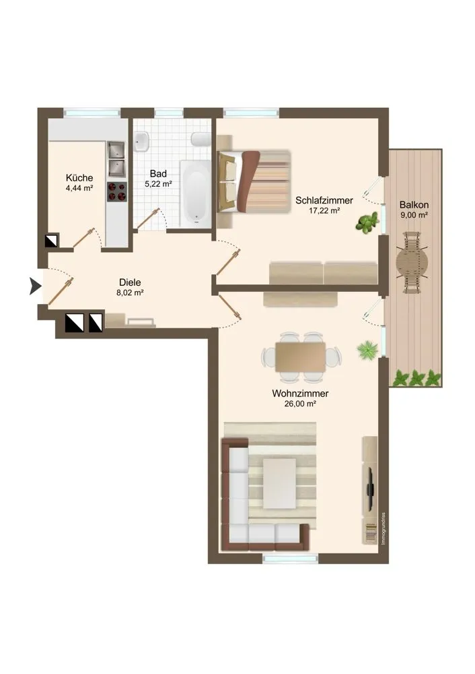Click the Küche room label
(x=79, y=177)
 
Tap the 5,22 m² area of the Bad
(x=158, y=184)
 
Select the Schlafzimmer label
(x=324, y=200)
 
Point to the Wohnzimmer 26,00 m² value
(x=300, y=404)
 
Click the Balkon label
(x=414, y=205)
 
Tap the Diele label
(x=130, y=282)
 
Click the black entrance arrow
(x=35, y=286)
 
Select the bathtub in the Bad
(x=195, y=194)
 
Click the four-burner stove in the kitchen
(x=116, y=191)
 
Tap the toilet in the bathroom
(x=200, y=140)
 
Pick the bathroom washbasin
(x=141, y=142)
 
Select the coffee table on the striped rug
(x=279, y=483)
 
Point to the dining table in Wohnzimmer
(x=300, y=357)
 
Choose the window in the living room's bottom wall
(x=291, y=558)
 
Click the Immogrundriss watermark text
(x=383, y=528)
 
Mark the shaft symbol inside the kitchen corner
(x=52, y=241)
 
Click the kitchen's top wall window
(x=92, y=113)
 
